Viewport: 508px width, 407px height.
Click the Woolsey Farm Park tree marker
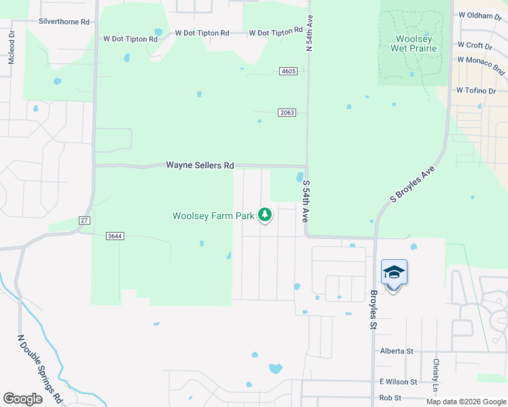pyautogui.click(x=265, y=215)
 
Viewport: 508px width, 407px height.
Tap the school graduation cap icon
pyautogui.click(x=394, y=273)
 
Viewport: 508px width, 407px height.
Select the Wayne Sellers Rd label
pyautogui.click(x=200, y=166)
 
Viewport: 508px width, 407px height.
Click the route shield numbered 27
pyautogui.click(x=84, y=220)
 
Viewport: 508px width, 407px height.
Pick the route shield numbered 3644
pyautogui.click(x=115, y=236)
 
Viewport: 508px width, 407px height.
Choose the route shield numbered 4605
pyautogui.click(x=288, y=72)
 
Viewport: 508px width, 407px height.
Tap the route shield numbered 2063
pyautogui.click(x=287, y=113)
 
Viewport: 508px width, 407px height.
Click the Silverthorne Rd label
pyautogui.click(x=65, y=22)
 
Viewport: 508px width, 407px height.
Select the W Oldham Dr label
pyautogui.click(x=479, y=15)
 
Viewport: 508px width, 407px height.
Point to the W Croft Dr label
pyautogui.click(x=475, y=45)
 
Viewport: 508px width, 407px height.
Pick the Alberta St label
pyautogui.click(x=397, y=351)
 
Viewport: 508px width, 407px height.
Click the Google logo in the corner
pyautogui.click(x=22, y=398)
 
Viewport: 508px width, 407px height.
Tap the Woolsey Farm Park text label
pyautogui.click(x=213, y=216)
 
